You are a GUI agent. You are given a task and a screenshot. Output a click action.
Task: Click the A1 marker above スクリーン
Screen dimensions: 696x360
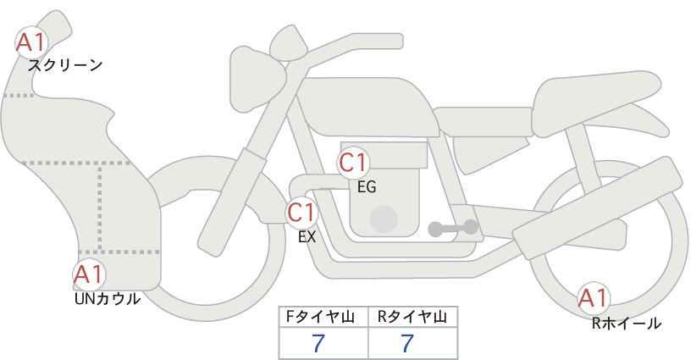pos(31,42)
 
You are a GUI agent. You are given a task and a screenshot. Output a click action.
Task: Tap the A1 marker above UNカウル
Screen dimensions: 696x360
pos(89,274)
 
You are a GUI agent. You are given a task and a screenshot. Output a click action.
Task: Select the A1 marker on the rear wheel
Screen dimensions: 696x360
pos(593,298)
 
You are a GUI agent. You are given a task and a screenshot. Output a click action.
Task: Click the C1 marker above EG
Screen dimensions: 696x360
pos(353,163)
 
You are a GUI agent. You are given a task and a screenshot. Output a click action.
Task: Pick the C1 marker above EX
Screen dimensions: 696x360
pos(301,212)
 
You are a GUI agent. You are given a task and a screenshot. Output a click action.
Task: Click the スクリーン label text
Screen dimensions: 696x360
pos(65,66)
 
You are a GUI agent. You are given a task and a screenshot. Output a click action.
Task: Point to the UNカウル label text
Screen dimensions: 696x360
pos(108,299)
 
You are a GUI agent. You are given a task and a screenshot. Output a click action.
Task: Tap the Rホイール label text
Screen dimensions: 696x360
pos(627,324)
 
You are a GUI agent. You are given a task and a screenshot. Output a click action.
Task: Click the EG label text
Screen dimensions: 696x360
pos(367,187)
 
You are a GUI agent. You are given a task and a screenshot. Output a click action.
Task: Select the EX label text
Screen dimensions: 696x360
pos(307,237)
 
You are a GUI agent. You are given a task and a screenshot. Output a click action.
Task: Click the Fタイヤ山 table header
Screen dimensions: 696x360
pos(320,317)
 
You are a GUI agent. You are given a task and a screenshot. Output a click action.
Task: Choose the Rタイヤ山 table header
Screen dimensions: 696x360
pos(412,317)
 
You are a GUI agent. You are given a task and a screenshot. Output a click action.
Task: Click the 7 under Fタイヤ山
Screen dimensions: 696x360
pos(318,343)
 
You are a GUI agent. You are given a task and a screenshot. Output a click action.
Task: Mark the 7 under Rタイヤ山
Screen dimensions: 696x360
pos(407,343)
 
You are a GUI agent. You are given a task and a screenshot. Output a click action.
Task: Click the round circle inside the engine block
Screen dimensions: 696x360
pos(384,219)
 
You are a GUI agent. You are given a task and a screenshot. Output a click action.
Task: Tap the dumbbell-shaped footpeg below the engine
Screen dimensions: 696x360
pos(453,228)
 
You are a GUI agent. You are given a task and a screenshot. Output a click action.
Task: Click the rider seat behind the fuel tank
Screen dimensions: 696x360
pos(483,121)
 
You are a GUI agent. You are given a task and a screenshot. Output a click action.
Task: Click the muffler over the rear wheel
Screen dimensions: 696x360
pos(598,208)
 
